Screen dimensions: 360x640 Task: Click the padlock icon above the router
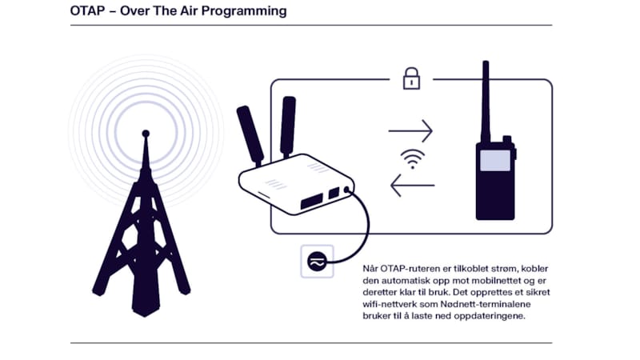pyautogui.click(x=410, y=78)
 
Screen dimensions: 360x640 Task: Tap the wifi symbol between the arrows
pyautogui.click(x=413, y=158)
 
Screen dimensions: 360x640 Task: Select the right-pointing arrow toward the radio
pyautogui.click(x=410, y=130)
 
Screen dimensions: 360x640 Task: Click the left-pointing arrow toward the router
pyautogui.click(x=412, y=186)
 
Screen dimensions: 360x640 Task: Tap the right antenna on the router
pyautogui.click(x=287, y=126)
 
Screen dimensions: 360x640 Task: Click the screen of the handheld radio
pyautogui.click(x=494, y=160)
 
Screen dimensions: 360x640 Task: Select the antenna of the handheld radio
pyautogui.click(x=485, y=100)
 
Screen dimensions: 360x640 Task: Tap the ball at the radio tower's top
pyautogui.click(x=145, y=133)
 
